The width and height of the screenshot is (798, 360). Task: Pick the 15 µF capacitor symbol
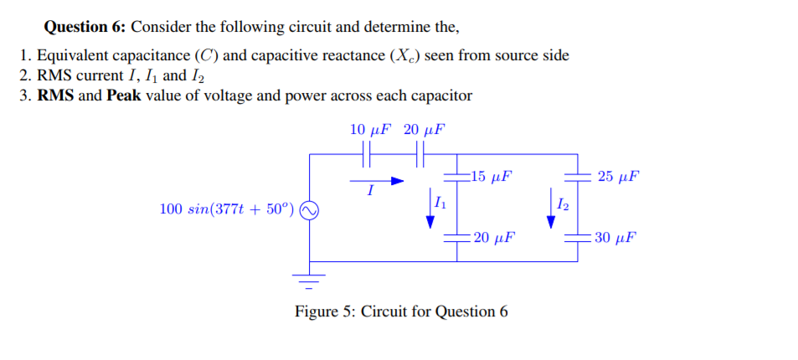456,177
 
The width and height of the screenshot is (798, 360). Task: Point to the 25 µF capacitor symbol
576,177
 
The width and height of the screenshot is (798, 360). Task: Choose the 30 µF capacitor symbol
576,237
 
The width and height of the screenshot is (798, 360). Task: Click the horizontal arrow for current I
376,180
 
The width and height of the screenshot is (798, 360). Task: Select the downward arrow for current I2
551,213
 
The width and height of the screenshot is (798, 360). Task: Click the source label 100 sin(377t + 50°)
226,208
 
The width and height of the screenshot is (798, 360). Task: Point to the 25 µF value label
620,177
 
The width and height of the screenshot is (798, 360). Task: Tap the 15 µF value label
492,177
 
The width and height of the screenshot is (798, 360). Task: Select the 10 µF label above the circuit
370,130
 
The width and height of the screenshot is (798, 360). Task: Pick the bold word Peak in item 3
124,95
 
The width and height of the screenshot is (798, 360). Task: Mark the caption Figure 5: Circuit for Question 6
401,311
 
